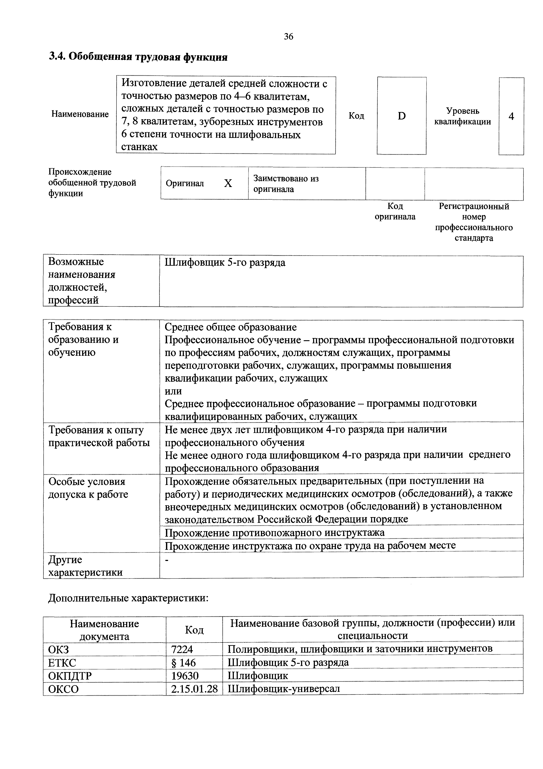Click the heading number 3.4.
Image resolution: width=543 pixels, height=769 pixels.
[x=58, y=57]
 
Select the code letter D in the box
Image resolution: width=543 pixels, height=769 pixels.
[x=402, y=116]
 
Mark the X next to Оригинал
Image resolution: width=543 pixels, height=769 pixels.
[x=228, y=183]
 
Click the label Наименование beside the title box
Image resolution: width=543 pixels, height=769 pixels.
[x=80, y=114]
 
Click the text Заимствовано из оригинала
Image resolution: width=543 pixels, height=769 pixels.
[x=286, y=183]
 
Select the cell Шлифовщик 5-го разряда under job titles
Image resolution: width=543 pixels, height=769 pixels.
[x=225, y=263]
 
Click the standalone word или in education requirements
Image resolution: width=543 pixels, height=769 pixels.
[x=173, y=391]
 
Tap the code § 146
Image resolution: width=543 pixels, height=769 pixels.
[x=183, y=662]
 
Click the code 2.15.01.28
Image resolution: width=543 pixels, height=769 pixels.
[x=194, y=689]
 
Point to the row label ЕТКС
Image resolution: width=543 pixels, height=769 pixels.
[x=62, y=662]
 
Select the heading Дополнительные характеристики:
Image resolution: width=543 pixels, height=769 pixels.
[x=128, y=598]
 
